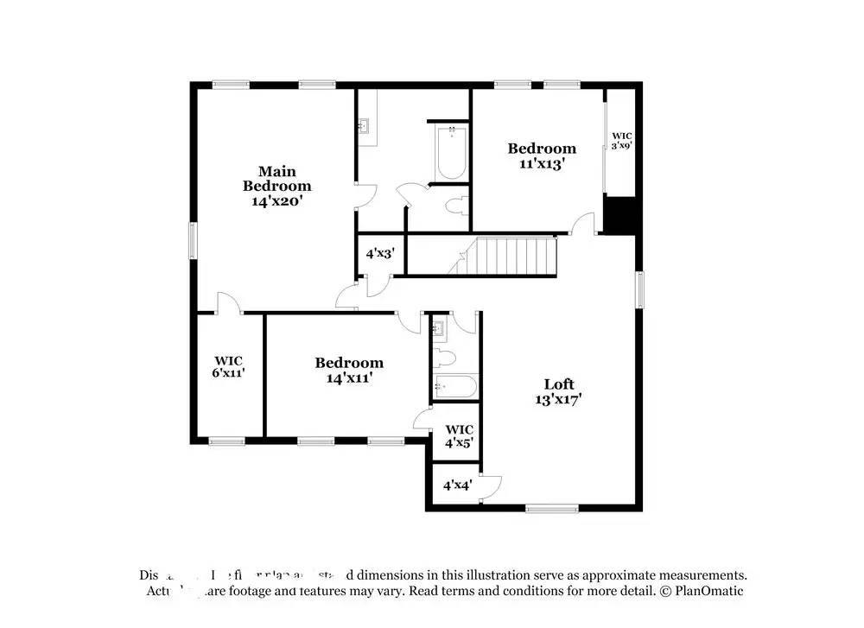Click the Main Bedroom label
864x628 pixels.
click(276, 179)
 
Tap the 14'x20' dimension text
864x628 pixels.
click(276, 200)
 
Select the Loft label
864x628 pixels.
click(558, 384)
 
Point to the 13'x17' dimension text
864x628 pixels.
click(558, 399)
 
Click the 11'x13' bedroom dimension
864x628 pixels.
click(541, 163)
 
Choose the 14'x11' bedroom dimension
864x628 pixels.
click(348, 377)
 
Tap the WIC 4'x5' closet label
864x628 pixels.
click(458, 436)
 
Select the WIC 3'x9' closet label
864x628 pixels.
click(622, 141)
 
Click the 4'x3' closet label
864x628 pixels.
click(380, 254)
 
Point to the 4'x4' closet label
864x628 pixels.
click(457, 485)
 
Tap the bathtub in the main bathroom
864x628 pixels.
click(451, 152)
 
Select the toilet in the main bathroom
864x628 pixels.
click(458, 206)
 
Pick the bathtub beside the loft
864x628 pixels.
click(454, 387)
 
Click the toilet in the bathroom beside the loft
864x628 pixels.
click(444, 358)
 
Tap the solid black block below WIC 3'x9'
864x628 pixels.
click(620, 215)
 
